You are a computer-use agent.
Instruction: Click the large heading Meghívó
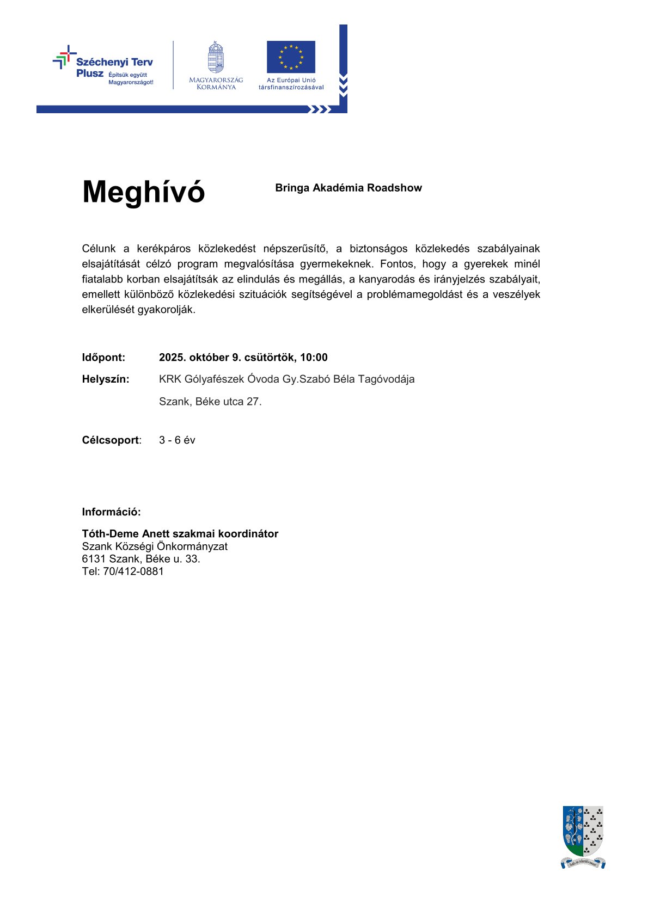[x=143, y=192]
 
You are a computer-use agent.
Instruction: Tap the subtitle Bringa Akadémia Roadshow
[x=349, y=188]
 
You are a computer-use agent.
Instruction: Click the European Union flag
[x=291, y=57]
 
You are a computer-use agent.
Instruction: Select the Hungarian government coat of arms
[x=216, y=57]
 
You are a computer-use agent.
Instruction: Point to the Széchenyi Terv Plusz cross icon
[x=64, y=57]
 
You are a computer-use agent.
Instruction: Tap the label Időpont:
[x=103, y=358]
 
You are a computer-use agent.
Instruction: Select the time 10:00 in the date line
[x=314, y=358]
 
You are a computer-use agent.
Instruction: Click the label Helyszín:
[x=106, y=379]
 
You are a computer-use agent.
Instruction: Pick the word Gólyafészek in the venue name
[x=215, y=379]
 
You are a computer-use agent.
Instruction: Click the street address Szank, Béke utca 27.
[x=210, y=402]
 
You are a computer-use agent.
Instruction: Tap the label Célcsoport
[x=111, y=440]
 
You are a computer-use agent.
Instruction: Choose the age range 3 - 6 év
[x=177, y=440]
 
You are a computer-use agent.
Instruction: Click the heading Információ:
[x=111, y=512]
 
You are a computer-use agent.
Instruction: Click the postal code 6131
[x=94, y=559]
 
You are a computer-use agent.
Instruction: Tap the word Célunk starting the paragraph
[x=99, y=249]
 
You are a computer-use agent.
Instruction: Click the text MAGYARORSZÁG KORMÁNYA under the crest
[x=216, y=83]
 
